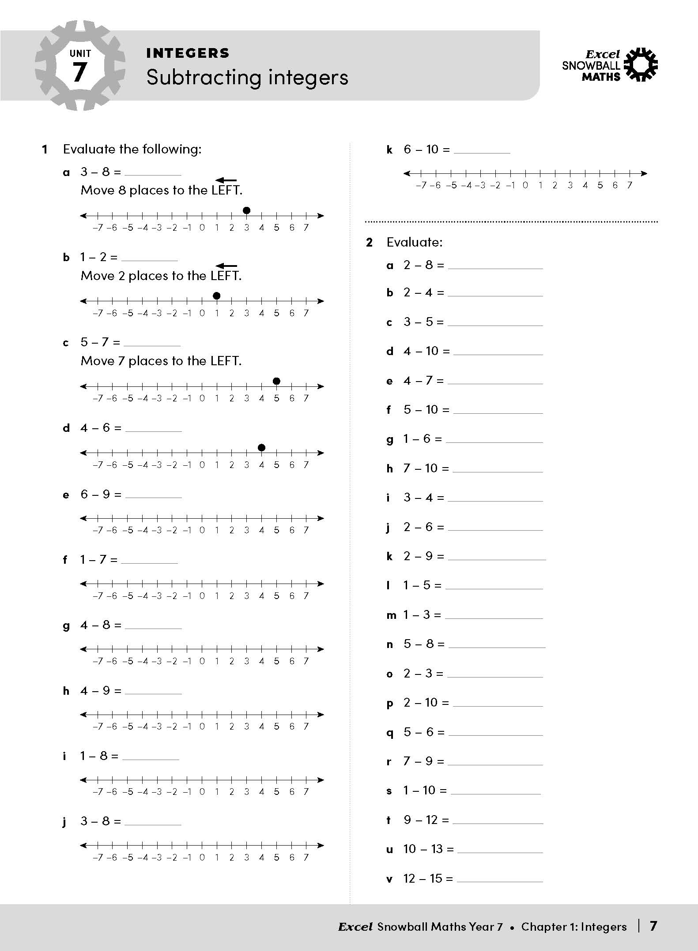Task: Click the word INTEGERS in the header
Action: (x=188, y=53)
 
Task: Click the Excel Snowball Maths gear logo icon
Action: (x=642, y=65)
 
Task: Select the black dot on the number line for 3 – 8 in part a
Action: (x=247, y=210)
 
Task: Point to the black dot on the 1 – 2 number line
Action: (x=216, y=296)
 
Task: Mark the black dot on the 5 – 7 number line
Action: (x=276, y=381)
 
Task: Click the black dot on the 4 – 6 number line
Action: (x=261, y=448)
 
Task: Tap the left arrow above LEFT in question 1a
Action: (x=226, y=180)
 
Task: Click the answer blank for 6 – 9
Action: (x=153, y=495)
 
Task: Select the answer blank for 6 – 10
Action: (x=482, y=150)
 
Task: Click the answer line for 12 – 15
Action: (x=500, y=879)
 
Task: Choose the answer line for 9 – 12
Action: (x=498, y=821)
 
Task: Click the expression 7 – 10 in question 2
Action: (x=426, y=468)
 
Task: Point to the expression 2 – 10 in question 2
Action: (x=426, y=703)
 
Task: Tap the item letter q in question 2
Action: (x=389, y=733)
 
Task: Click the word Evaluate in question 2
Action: (x=414, y=242)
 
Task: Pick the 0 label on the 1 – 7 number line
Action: (x=202, y=596)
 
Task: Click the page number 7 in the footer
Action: (x=653, y=926)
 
